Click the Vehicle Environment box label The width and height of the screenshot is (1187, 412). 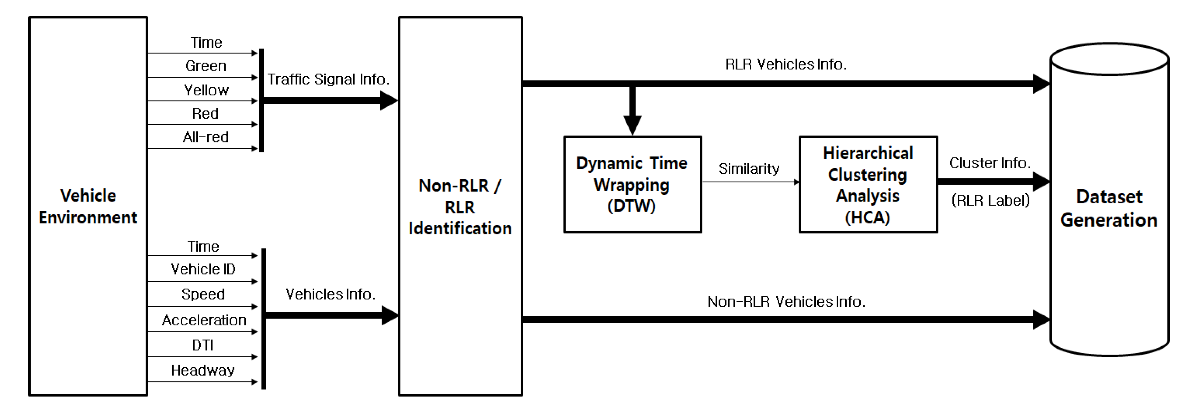[88, 206]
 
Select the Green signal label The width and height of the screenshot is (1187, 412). [205, 66]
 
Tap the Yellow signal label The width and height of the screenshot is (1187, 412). [206, 90]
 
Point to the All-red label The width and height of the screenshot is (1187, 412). [205, 137]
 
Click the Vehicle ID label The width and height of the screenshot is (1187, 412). [203, 269]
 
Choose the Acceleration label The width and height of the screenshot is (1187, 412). [204, 320]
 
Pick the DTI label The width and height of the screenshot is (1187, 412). [203, 345]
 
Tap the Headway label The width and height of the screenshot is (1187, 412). [203, 370]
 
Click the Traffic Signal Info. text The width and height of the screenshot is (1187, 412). [328, 79]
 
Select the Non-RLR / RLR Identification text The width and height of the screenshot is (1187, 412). [460, 206]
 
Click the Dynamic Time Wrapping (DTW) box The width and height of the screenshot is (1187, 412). [632, 184]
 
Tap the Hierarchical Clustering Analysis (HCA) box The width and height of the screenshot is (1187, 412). [868, 184]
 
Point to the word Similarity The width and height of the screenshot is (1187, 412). [749, 169]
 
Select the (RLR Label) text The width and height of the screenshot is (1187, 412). [990, 200]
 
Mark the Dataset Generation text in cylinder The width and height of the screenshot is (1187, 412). [1109, 208]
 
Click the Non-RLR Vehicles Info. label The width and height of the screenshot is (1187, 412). [786, 302]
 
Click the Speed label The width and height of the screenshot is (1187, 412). [203, 294]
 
